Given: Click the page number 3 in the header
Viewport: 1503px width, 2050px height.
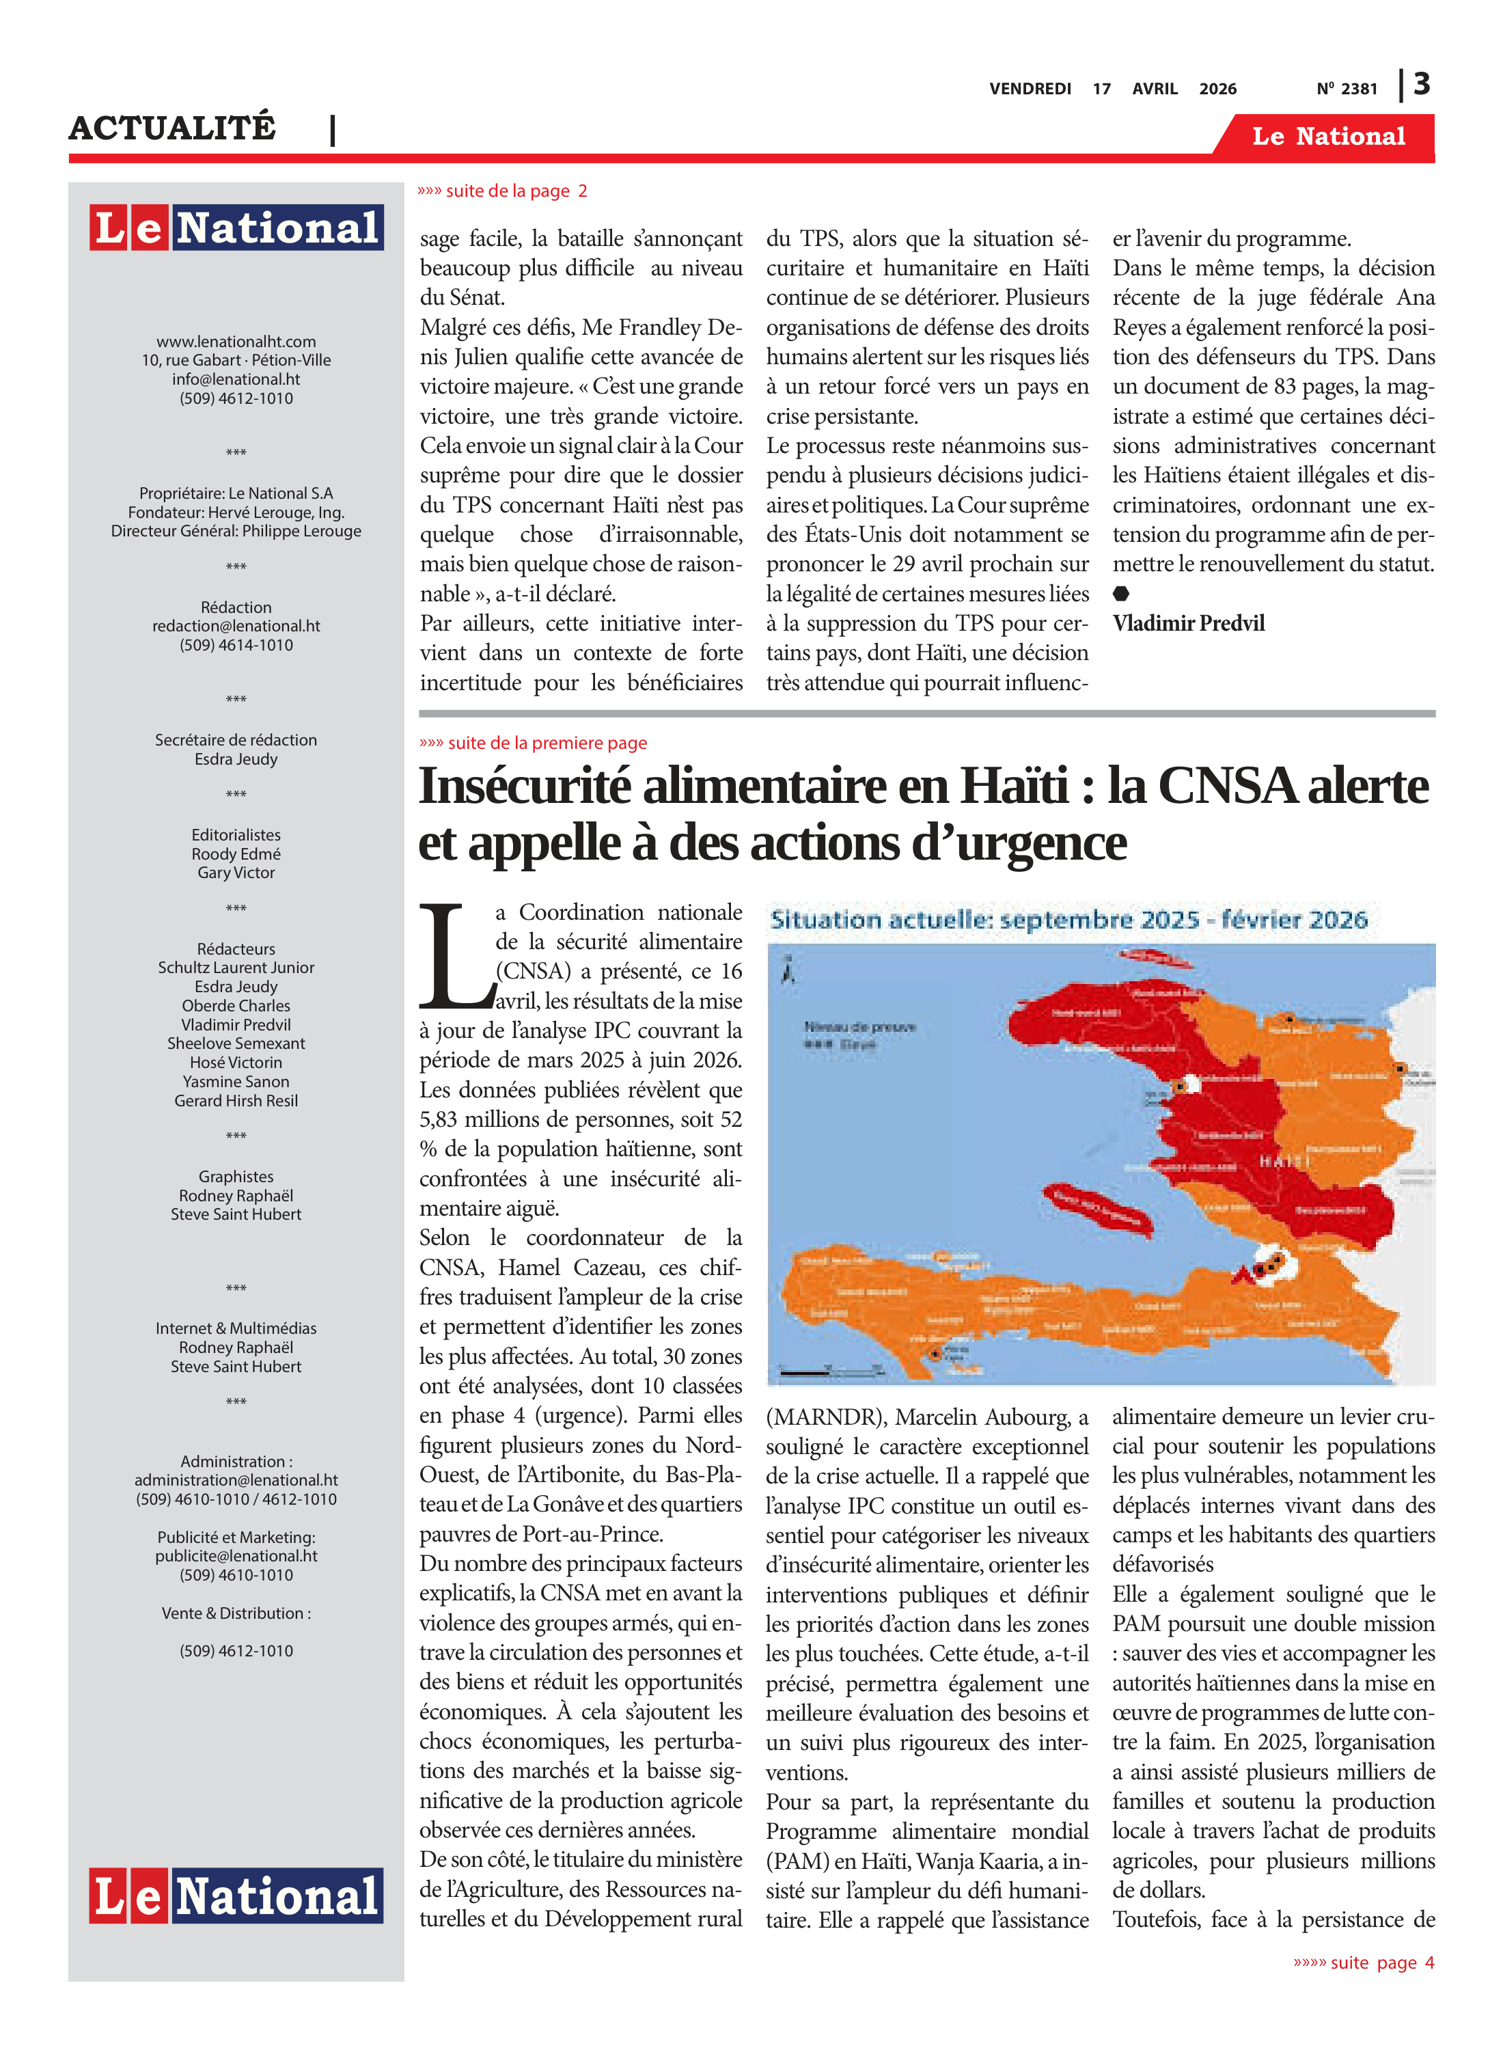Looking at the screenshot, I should pos(1422,85).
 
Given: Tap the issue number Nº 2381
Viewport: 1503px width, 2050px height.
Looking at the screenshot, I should pos(1347,89).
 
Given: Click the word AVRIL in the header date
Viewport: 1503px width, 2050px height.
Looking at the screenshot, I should pos(1155,89).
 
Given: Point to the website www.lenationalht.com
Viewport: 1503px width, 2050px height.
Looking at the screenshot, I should pos(236,341).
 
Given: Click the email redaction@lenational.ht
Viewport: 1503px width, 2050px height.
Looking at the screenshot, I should pos(236,626).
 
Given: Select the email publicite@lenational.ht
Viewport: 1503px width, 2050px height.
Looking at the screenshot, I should pos(236,1556).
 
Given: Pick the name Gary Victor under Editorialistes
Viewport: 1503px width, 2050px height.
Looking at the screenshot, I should pos(236,873).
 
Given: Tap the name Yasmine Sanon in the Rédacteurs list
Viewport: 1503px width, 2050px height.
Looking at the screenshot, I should pos(236,1082).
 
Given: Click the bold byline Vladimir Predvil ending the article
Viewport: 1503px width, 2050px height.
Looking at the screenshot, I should pos(1188,623).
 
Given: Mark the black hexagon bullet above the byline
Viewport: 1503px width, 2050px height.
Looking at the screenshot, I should pos(1121,593).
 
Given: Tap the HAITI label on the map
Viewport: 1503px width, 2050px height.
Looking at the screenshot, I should pos(1284,1162).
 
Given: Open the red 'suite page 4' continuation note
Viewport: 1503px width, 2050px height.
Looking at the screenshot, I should pos(1364,1963).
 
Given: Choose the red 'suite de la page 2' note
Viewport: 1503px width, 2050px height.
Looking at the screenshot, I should pos(502,191).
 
